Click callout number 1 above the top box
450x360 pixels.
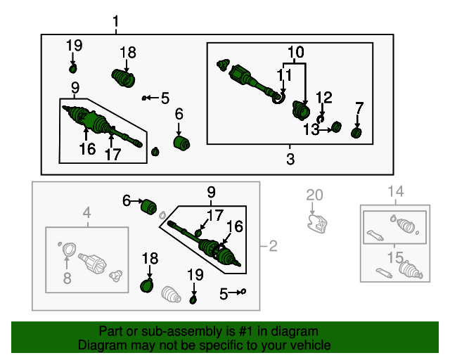(x=116, y=22)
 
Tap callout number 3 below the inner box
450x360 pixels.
(x=290, y=159)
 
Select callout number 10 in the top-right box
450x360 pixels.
(x=295, y=52)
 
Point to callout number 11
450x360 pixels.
(x=283, y=75)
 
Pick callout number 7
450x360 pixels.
(x=359, y=108)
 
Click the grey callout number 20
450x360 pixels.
(x=314, y=195)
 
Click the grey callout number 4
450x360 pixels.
(x=87, y=212)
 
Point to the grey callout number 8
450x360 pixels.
(x=67, y=278)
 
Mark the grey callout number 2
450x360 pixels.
(x=273, y=245)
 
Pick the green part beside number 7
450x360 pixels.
(x=356, y=133)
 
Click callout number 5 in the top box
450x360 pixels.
(x=165, y=98)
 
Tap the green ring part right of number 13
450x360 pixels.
(x=336, y=127)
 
